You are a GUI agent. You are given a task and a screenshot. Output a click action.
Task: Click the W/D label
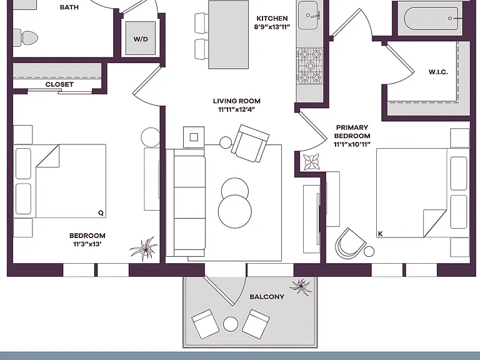(x=141, y=39)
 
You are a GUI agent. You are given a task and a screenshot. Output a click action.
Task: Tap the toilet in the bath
(x=26, y=38)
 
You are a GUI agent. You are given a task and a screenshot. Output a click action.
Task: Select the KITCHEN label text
(x=272, y=18)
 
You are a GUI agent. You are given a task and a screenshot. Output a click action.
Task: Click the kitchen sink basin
(x=308, y=15)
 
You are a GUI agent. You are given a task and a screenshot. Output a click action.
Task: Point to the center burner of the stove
(x=311, y=66)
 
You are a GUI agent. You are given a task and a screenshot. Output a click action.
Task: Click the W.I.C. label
(x=438, y=72)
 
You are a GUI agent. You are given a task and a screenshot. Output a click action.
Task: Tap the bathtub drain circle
(x=450, y=18)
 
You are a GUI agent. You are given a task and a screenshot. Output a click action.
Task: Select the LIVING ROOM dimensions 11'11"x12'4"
(x=237, y=109)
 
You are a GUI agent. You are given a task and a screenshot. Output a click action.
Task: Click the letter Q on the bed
(x=101, y=212)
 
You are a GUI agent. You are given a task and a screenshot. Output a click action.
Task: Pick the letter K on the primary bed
(x=381, y=234)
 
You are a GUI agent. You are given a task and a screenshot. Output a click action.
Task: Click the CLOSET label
(x=59, y=84)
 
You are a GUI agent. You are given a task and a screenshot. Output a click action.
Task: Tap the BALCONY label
(x=267, y=297)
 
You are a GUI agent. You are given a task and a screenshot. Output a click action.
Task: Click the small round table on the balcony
(x=231, y=324)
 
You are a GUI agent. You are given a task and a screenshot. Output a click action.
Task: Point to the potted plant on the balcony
(x=301, y=286)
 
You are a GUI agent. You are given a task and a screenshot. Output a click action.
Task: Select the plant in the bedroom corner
(x=144, y=248)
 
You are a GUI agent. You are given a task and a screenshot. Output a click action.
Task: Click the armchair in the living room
(x=250, y=143)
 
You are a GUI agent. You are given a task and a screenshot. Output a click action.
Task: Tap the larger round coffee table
(x=235, y=211)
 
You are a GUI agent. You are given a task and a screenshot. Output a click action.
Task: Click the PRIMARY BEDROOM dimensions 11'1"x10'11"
(x=352, y=144)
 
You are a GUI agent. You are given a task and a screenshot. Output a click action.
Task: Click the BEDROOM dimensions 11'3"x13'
(x=87, y=244)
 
